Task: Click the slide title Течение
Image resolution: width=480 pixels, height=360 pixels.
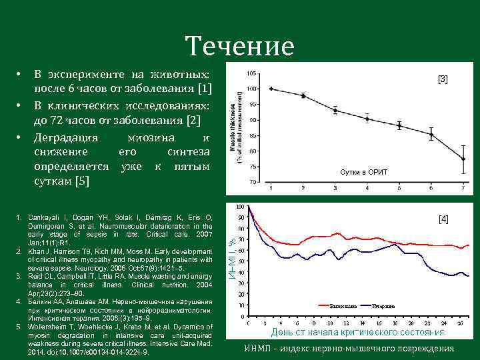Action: (x=240, y=47)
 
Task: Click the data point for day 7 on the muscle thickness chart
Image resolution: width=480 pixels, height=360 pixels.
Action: (x=463, y=159)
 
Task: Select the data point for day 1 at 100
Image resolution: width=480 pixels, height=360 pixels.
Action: (x=271, y=89)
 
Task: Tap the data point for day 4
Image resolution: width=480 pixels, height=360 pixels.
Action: (x=367, y=119)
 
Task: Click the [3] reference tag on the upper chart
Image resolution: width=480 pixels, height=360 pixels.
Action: (x=443, y=79)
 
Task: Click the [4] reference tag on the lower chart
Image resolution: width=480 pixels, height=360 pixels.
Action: (x=443, y=218)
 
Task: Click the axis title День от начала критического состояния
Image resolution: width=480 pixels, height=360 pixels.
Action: (x=357, y=332)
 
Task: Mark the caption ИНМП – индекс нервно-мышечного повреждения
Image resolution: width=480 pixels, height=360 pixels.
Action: (x=349, y=348)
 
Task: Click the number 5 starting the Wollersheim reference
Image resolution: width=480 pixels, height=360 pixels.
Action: (x=19, y=327)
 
